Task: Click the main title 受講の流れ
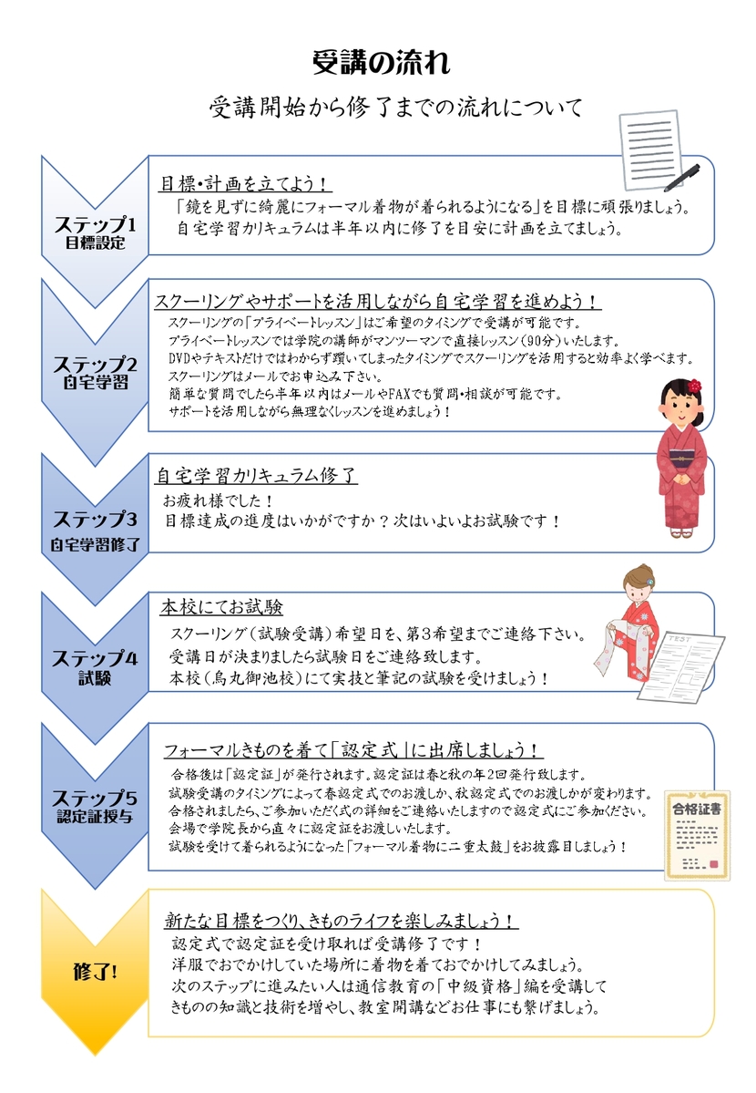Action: click(x=381, y=62)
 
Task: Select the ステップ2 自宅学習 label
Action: click(x=96, y=372)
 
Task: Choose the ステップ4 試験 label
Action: click(x=96, y=667)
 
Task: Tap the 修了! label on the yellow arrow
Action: click(x=96, y=971)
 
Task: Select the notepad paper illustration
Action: click(x=650, y=150)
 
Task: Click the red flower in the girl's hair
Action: click(x=694, y=386)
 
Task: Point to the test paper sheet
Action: click(x=681, y=665)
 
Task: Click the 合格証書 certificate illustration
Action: click(x=697, y=835)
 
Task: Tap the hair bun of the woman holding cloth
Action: click(x=648, y=573)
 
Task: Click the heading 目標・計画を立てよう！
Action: click(x=245, y=183)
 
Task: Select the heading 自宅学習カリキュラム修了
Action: click(x=256, y=476)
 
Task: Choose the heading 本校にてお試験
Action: click(x=221, y=607)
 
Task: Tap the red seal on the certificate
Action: click(x=712, y=863)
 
